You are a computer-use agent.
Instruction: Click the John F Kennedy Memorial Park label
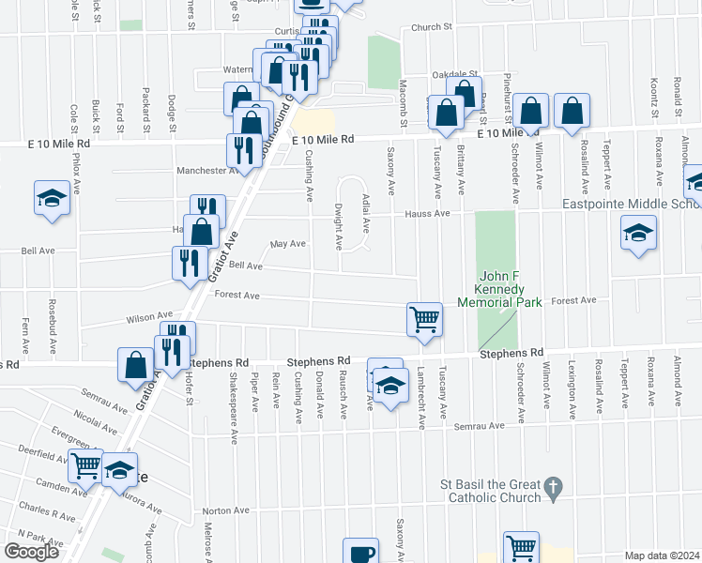coord(497,289)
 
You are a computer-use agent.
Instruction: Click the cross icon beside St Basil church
coord(554,487)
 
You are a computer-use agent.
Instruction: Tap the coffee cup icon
coord(360,553)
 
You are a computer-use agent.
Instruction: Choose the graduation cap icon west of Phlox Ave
coord(53,199)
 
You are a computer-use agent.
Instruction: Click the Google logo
coord(31,552)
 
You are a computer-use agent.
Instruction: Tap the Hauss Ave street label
coord(427,214)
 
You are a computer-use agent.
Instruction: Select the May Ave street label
coord(288,243)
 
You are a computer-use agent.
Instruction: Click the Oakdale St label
coord(455,74)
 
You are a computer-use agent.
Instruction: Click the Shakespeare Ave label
coord(234,398)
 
